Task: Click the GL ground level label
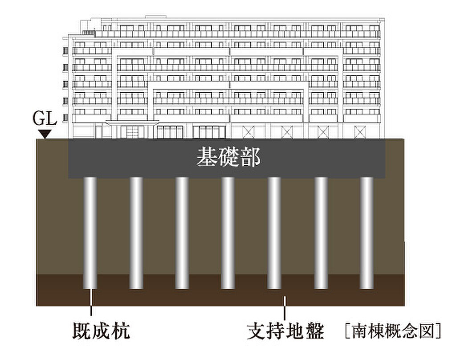[x=45, y=119]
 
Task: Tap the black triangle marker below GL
[x=45, y=134]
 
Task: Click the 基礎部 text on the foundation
[x=228, y=157]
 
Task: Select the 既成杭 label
[x=101, y=331]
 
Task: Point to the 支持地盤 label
[x=285, y=331]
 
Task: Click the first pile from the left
[x=90, y=233]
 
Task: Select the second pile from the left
[x=136, y=233]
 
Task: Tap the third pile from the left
[x=182, y=233]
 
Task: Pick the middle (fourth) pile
[x=228, y=233]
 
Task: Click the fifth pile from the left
[x=274, y=233]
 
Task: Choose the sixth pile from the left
[x=321, y=233]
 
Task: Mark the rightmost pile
[x=367, y=233]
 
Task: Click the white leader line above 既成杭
[x=91, y=302]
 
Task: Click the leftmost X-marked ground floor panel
[x=248, y=132]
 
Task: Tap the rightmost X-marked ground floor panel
[x=360, y=132]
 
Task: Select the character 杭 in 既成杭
[x=121, y=331]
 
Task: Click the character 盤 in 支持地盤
[x=315, y=331]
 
